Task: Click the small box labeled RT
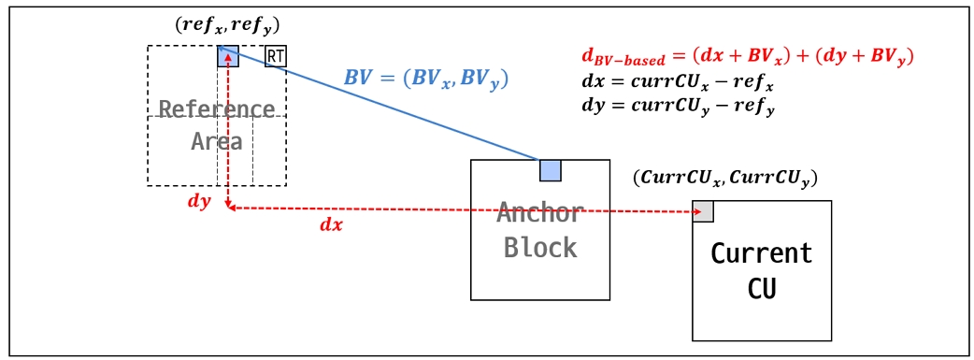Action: [x=276, y=56]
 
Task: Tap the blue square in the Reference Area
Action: [x=228, y=56]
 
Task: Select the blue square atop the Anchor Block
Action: [x=551, y=170]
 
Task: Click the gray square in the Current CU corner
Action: [x=703, y=210]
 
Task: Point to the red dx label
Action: [x=331, y=224]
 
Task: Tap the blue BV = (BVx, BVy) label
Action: [x=425, y=77]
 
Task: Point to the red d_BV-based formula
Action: [x=746, y=57]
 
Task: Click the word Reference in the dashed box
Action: [x=217, y=109]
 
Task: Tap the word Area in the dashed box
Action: [x=217, y=141]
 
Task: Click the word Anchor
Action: [x=540, y=213]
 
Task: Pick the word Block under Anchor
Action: [x=540, y=247]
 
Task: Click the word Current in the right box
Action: [x=762, y=253]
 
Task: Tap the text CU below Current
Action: [x=762, y=287]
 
